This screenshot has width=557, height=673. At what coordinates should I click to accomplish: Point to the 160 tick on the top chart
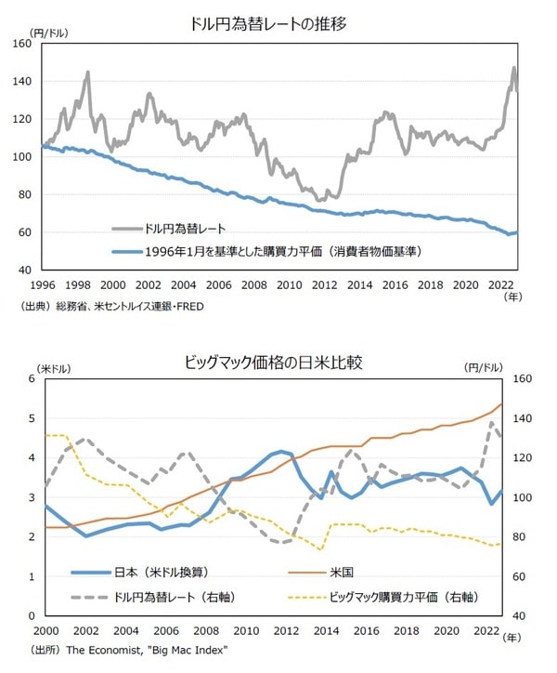click(x=19, y=44)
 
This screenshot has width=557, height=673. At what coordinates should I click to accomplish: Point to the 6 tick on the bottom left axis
click(x=32, y=379)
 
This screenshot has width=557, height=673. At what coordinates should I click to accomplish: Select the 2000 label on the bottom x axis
click(x=45, y=630)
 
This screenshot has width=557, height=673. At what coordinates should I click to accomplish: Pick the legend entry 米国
click(x=341, y=571)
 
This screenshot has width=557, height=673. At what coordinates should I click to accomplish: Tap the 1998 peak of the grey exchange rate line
click(x=88, y=72)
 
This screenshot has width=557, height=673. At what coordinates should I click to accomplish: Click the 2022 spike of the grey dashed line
click(x=492, y=422)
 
